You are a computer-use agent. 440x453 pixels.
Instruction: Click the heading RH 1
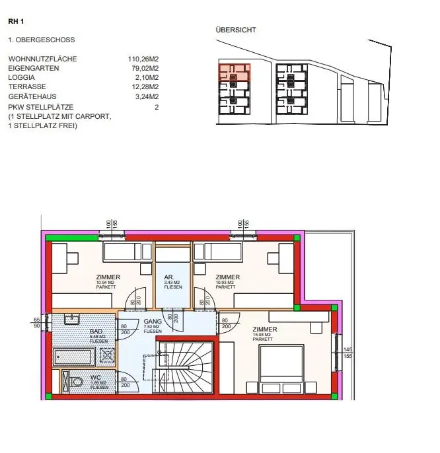click(16, 21)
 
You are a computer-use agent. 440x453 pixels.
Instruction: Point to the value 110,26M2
click(143, 59)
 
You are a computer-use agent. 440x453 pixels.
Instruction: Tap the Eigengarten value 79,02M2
click(145, 68)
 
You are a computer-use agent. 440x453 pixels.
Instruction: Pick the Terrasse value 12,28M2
click(145, 87)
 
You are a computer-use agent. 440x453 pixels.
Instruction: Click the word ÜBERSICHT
click(236, 30)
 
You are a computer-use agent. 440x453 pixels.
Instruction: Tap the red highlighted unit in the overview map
click(234, 72)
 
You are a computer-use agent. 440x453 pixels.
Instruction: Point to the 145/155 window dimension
click(347, 353)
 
